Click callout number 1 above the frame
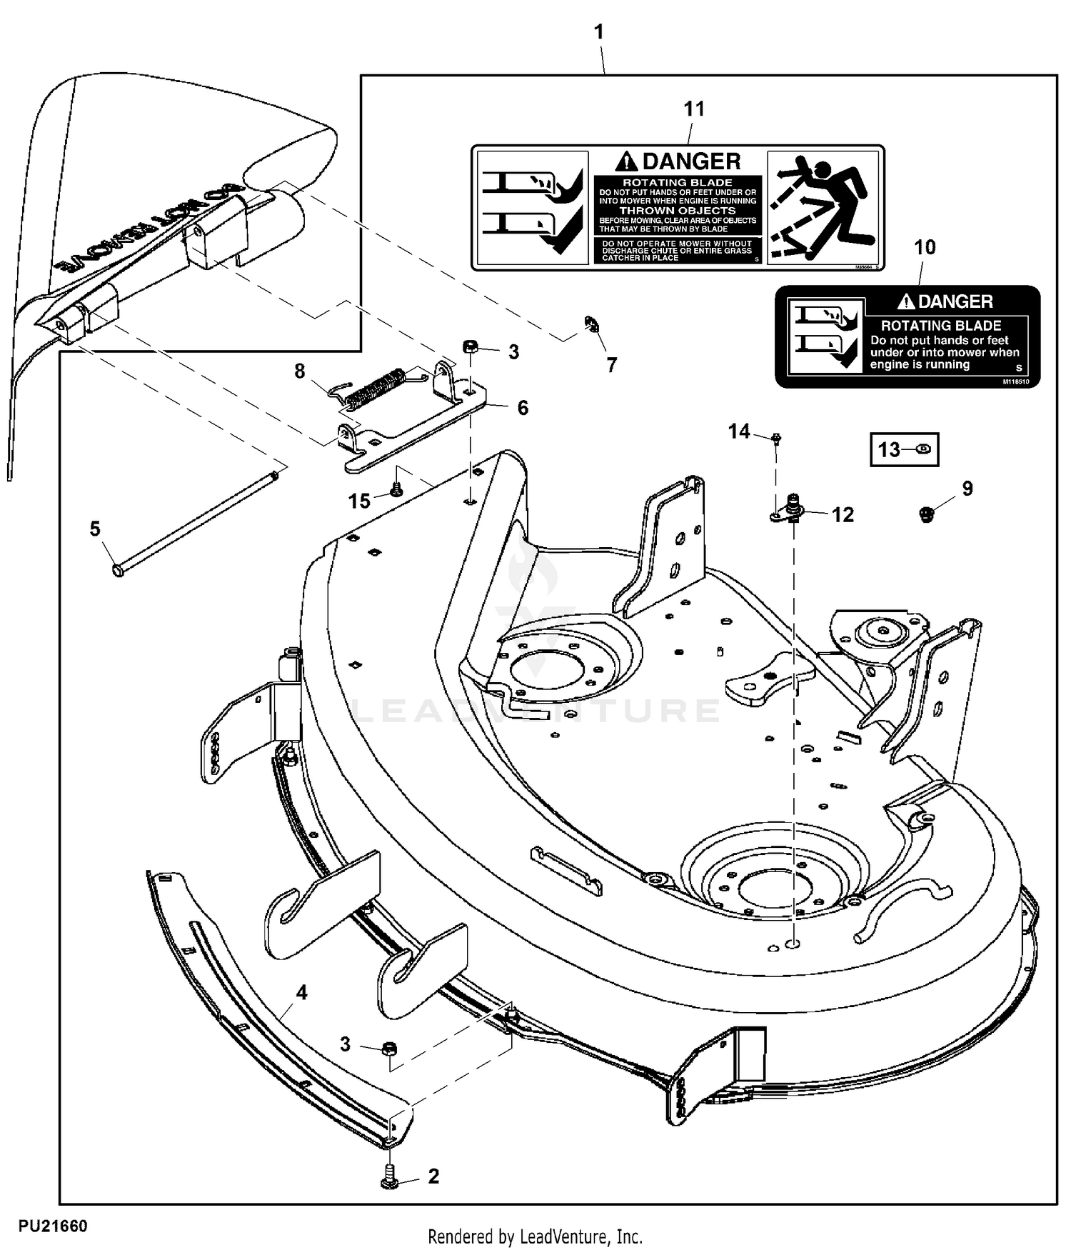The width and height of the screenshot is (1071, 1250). [599, 32]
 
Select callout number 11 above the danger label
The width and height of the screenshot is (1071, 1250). [694, 109]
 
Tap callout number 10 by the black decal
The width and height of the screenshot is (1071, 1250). [925, 248]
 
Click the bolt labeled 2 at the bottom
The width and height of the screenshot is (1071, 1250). [389, 1176]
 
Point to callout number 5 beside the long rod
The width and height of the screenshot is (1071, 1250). [95, 529]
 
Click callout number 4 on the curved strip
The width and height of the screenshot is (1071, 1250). [301, 993]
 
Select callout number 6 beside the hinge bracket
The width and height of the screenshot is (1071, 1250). [523, 408]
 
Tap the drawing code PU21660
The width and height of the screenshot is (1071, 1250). [54, 1226]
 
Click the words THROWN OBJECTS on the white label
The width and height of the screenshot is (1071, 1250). [677, 211]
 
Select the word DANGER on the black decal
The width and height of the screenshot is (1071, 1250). [955, 301]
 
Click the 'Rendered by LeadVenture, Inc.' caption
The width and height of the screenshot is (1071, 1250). [535, 1236]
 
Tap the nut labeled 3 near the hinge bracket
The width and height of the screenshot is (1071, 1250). [471, 348]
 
